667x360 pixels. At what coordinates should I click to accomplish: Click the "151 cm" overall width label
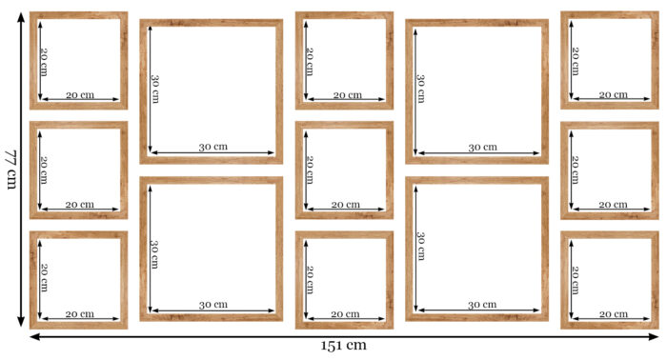pyautogui.click(x=343, y=345)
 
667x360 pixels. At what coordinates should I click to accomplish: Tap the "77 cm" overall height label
pyautogui.click(x=10, y=170)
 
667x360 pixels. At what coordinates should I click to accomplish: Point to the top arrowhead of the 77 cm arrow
pyautogui.click(x=21, y=18)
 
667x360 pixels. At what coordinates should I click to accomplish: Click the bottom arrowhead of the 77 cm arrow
pyautogui.click(x=21, y=321)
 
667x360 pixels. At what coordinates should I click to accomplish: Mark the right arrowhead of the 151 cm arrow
pyautogui.click(x=653, y=336)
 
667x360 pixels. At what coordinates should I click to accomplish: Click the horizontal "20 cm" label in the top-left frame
pyautogui.click(x=80, y=95)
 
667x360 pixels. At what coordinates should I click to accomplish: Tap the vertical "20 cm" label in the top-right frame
pyautogui.click(x=576, y=62)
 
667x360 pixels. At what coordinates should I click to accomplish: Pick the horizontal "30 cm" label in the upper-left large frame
pyautogui.click(x=213, y=147)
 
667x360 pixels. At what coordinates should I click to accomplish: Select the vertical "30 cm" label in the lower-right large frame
pyautogui.click(x=421, y=246)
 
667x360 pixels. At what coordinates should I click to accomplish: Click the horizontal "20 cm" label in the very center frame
pyautogui.click(x=346, y=205)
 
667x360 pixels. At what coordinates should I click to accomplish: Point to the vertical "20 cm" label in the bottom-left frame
pyautogui.click(x=44, y=277)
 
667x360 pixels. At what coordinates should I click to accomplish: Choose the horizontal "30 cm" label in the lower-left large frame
pyautogui.click(x=213, y=305)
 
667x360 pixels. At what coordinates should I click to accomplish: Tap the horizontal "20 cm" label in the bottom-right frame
pyautogui.click(x=614, y=314)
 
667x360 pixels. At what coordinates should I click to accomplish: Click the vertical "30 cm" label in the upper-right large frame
pyautogui.click(x=421, y=89)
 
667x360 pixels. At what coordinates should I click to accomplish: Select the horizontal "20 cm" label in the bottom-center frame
pyautogui.click(x=345, y=314)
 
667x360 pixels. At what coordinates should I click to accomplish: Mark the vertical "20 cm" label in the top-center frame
pyautogui.click(x=310, y=62)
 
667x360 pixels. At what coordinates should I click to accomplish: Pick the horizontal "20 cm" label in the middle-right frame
pyautogui.click(x=613, y=205)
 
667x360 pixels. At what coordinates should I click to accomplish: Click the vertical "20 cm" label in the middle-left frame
pyautogui.click(x=44, y=170)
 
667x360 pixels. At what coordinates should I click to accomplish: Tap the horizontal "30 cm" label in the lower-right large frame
pyautogui.click(x=482, y=305)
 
